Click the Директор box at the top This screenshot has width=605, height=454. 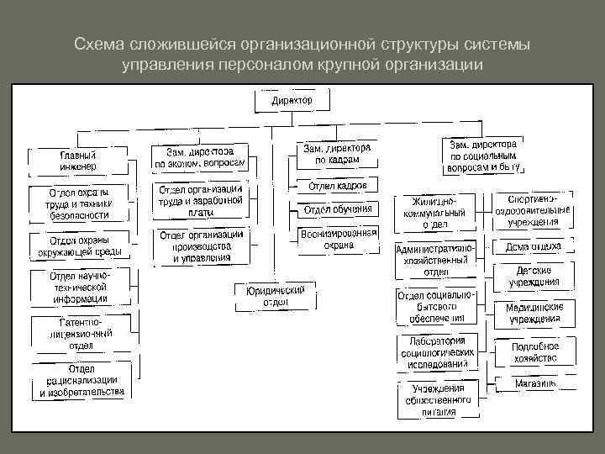click(x=292, y=101)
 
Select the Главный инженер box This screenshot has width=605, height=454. click(x=77, y=161)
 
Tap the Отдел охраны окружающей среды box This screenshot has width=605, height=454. click(x=79, y=245)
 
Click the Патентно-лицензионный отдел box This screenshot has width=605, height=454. click(x=79, y=333)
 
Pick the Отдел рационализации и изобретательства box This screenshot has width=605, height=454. click(x=79, y=380)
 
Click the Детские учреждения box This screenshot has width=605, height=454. click(x=534, y=276)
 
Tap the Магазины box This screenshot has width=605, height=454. click(x=534, y=383)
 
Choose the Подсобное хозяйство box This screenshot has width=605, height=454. click(x=534, y=351)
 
